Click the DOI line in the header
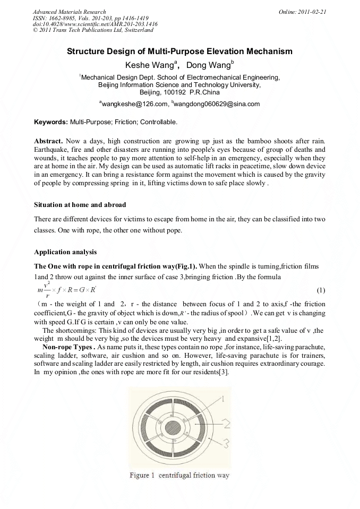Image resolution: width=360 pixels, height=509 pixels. [95, 24]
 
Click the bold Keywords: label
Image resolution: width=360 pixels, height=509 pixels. [51, 122]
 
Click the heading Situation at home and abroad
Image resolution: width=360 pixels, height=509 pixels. [80, 204]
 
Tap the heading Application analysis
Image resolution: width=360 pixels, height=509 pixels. [65, 252]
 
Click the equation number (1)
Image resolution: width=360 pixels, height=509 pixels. [321, 290]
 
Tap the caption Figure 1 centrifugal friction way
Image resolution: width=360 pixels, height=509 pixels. [179, 475]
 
